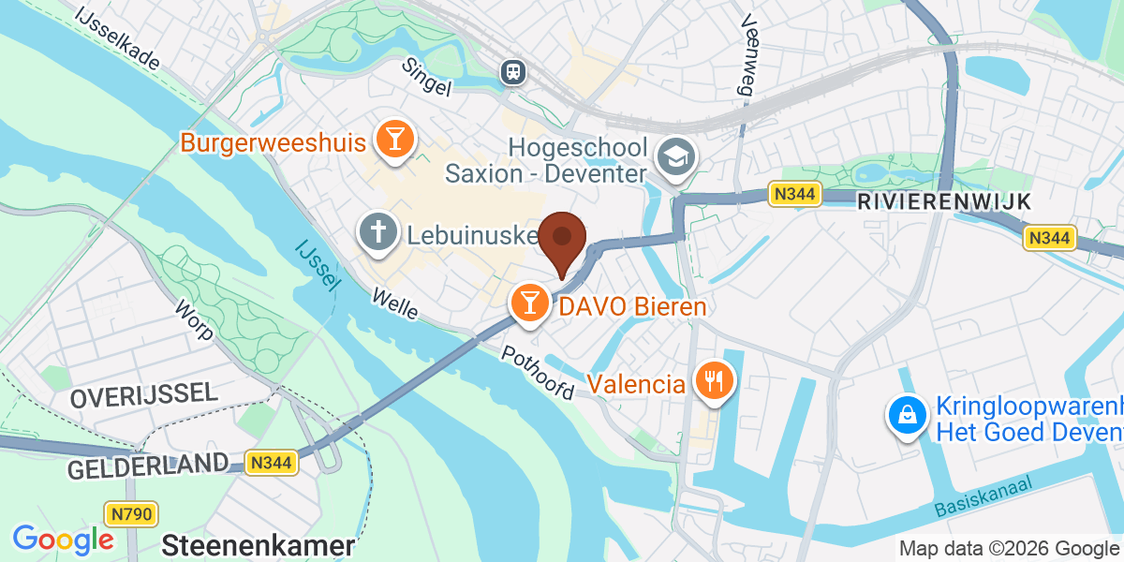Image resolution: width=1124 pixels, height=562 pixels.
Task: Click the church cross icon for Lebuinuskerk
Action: pos(379,233)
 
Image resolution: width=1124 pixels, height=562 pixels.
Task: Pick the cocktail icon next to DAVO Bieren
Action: pos(529,303)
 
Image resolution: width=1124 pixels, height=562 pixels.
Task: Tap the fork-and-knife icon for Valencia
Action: pos(714,381)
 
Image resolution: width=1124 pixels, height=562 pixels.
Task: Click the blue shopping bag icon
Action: pos(907,416)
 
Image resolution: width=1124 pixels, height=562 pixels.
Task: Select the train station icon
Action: pos(512,71)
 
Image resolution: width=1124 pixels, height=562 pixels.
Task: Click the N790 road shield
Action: pos(131,513)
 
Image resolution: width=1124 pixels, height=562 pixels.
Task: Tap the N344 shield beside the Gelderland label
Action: pos(272,462)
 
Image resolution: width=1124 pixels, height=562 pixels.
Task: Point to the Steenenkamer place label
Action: pos(259,546)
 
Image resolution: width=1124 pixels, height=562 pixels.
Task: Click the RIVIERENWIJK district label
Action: pos(943,201)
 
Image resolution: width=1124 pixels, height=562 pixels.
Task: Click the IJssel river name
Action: pos(316,264)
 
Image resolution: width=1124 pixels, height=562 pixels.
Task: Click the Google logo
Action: pos(63,540)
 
